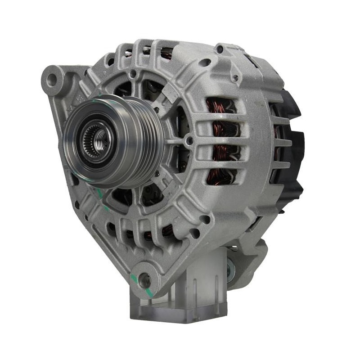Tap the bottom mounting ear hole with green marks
click(144, 280)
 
